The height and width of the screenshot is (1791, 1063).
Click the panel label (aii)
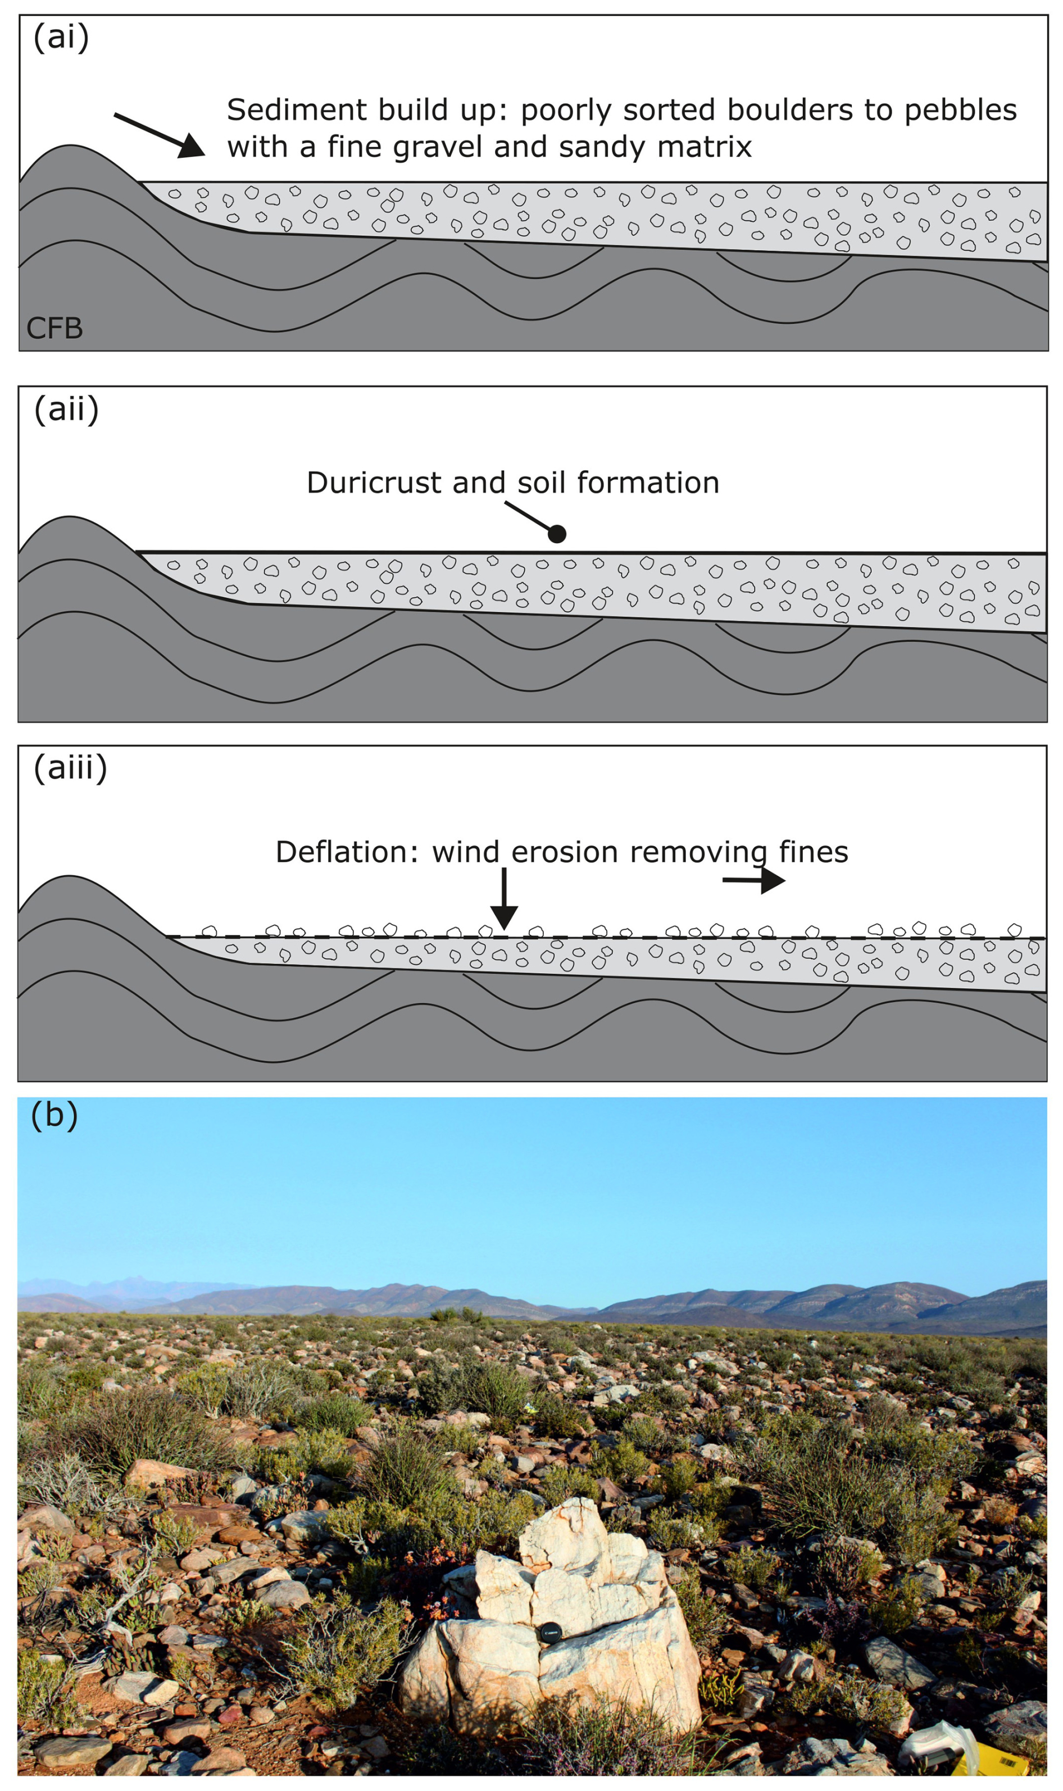(66, 410)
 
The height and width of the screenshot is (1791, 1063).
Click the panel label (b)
(54, 1115)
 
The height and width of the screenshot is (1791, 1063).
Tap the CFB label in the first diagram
(54, 329)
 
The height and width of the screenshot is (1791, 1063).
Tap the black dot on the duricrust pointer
(557, 534)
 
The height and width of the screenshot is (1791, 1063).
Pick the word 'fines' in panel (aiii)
(813, 852)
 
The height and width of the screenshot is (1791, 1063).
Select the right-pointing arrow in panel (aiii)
(756, 880)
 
